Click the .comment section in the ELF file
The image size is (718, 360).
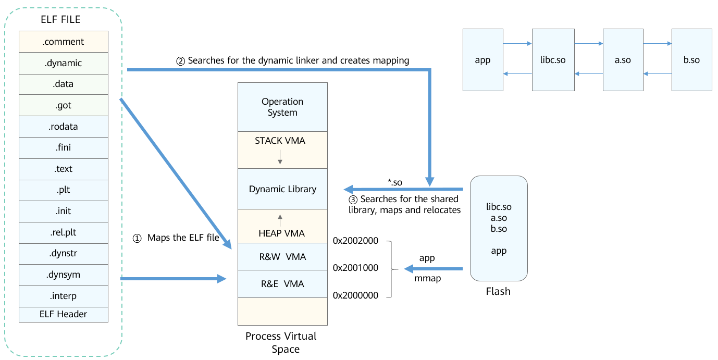point(63,42)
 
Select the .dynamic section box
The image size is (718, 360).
point(63,63)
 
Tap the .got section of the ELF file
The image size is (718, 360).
point(63,105)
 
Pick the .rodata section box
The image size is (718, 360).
point(63,127)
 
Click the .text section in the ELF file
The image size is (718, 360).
point(63,169)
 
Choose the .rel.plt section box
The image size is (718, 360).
point(63,232)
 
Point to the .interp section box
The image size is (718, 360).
point(63,296)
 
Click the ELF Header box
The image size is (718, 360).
point(63,314)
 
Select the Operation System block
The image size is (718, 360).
point(282,107)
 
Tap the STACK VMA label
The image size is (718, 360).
point(280,141)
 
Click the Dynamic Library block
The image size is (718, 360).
point(282,189)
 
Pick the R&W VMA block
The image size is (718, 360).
point(282,257)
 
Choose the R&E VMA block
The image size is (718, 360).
point(282,284)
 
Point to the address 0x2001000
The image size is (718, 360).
point(355,268)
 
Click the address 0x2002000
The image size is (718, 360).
point(355,241)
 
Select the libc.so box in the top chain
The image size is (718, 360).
point(552,60)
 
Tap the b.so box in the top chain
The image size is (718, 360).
point(691,60)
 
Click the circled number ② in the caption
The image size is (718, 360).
point(181,61)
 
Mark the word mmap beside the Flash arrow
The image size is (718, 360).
point(427,278)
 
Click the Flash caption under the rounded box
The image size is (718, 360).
point(498,291)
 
